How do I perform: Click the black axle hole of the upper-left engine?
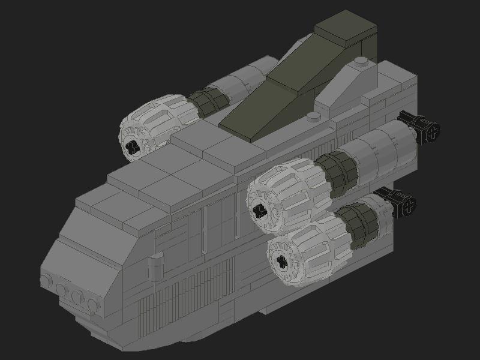pos(133,147)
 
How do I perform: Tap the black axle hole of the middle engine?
pos(260,210)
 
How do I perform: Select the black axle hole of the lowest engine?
pos(280,260)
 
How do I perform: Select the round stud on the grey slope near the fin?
pos(360,61)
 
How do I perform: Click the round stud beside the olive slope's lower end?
pos(313,116)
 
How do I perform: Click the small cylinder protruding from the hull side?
pos(156,263)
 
